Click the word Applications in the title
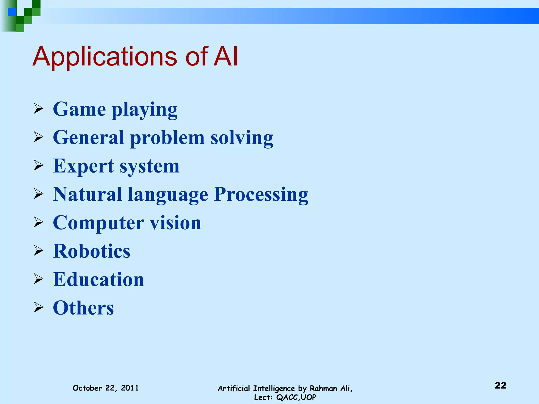105,57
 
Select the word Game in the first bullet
79,109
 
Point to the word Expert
83,166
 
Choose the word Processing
261,195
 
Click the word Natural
87,194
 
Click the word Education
98,279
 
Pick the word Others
83,308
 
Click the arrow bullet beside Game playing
38,109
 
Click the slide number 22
500,385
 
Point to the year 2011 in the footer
129,388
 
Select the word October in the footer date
87,388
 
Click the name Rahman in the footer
323,388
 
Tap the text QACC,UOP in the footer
296,397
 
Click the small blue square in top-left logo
12,12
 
